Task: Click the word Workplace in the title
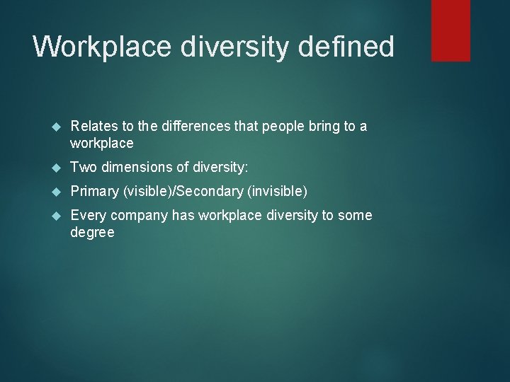point(102,47)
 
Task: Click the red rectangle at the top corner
point(451,30)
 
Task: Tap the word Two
point(83,167)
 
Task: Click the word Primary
point(95,191)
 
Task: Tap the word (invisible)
point(277,191)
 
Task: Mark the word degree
point(92,233)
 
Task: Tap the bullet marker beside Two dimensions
point(58,168)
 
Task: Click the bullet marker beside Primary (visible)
point(58,192)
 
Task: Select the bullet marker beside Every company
point(58,216)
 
